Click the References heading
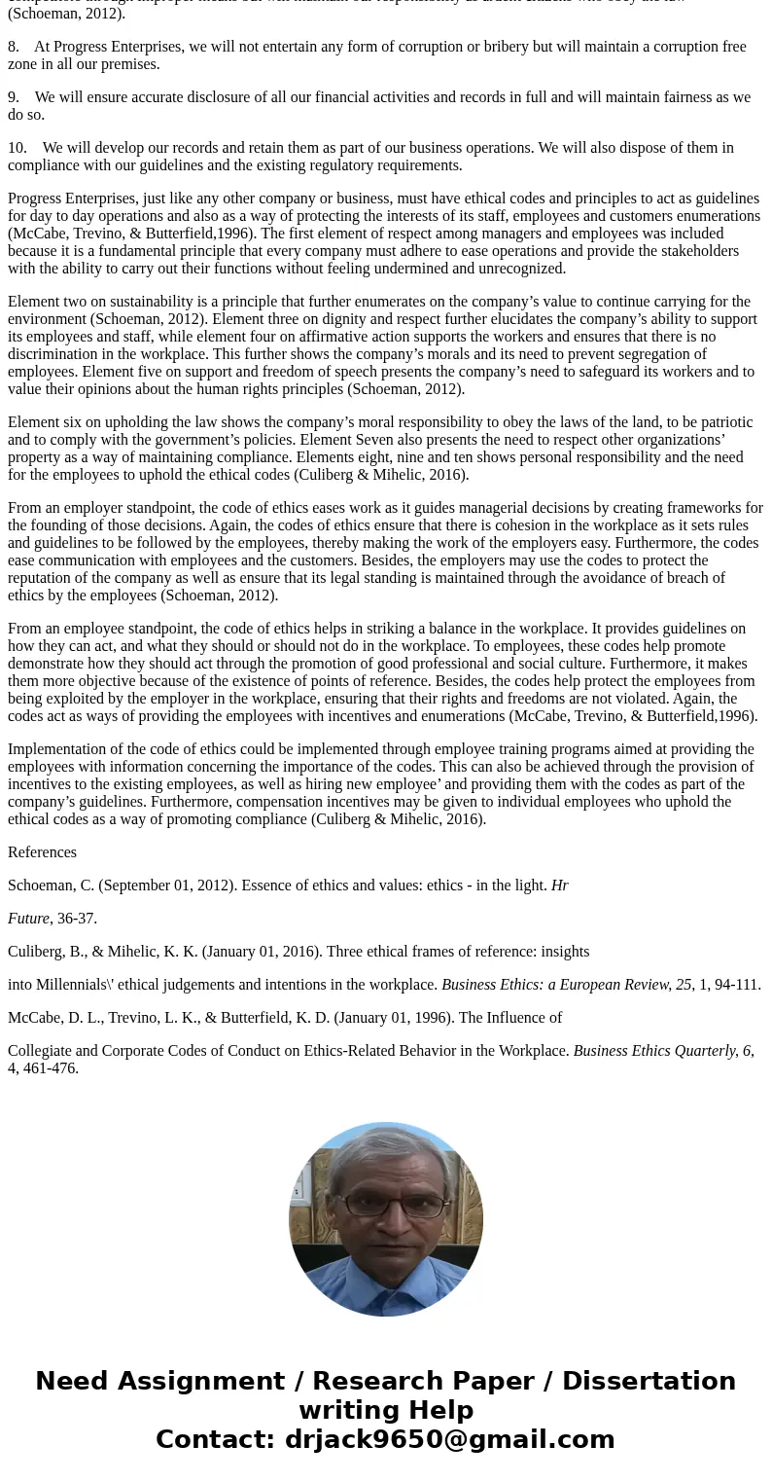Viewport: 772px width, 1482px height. (x=42, y=852)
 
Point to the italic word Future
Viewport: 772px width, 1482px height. (x=28, y=919)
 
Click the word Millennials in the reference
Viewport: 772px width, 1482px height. (x=75, y=985)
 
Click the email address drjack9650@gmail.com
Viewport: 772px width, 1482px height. (x=449, y=1440)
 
